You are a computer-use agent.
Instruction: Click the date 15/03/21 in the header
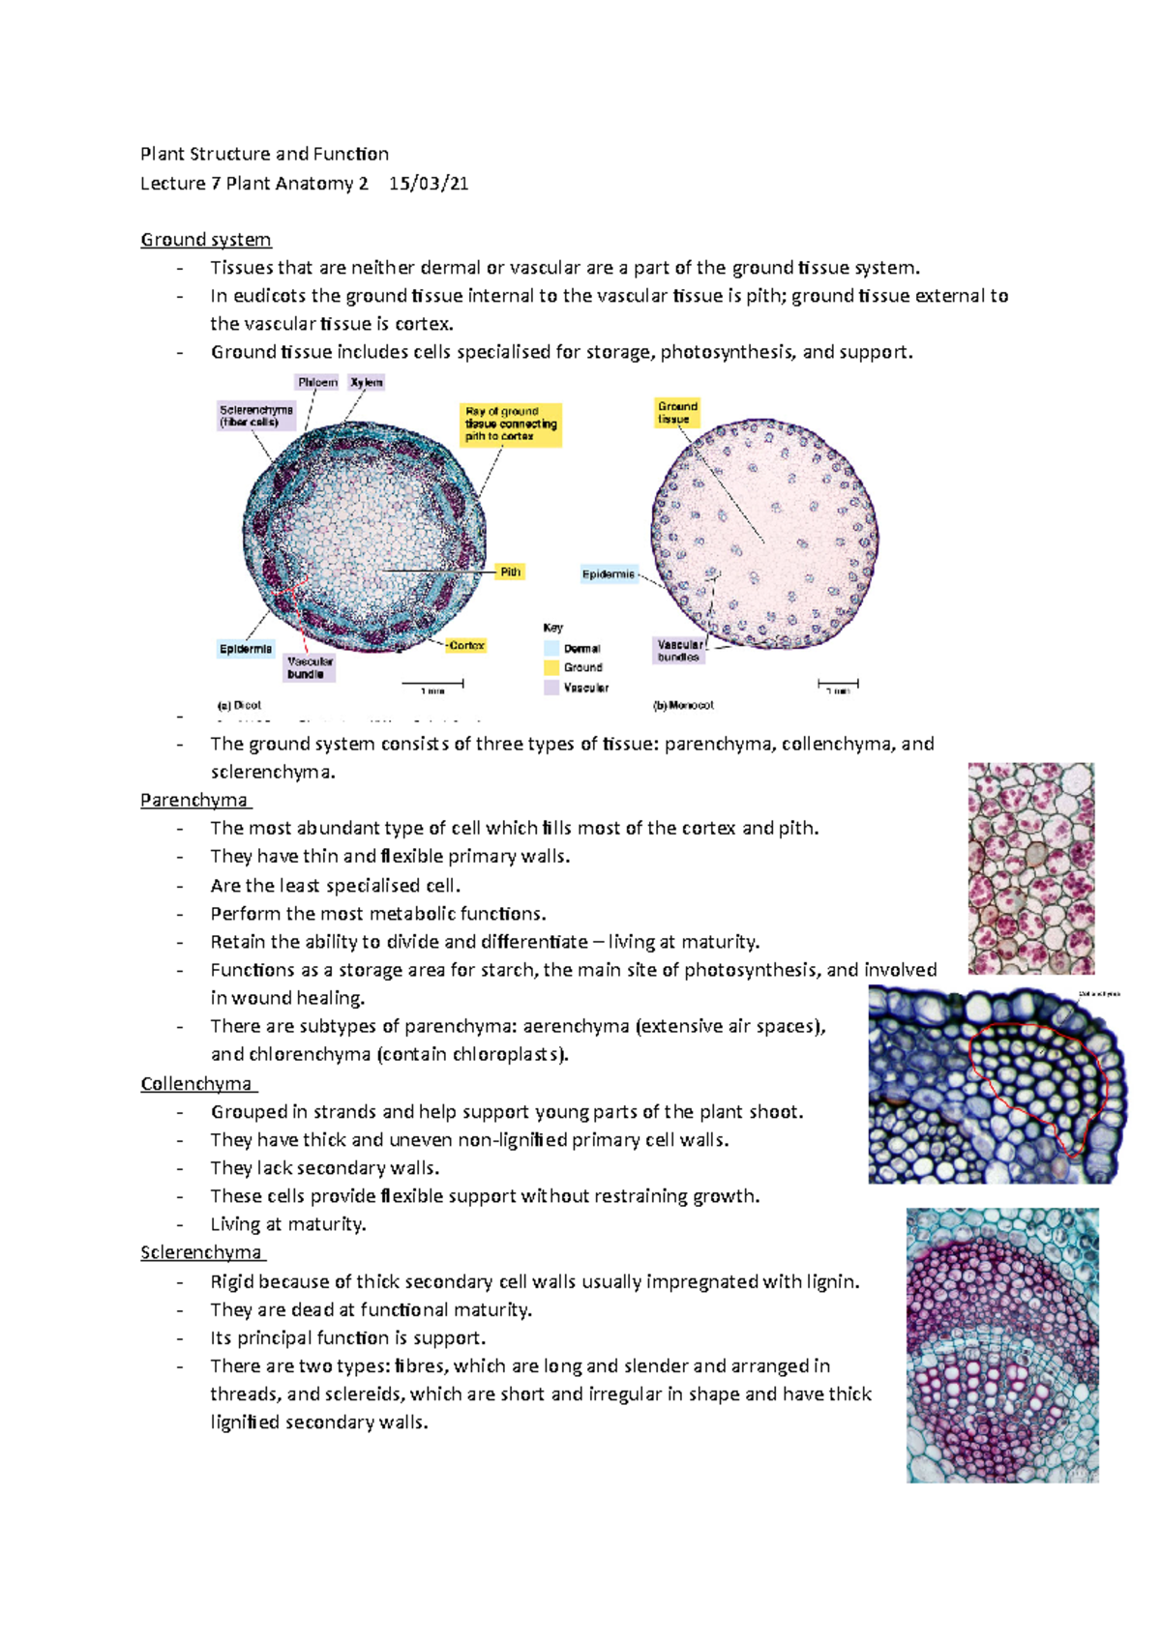pos(429,184)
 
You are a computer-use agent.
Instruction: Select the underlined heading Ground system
pos(205,240)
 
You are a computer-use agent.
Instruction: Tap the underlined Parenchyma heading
pos(193,801)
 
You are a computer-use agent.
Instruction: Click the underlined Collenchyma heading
pos(196,1084)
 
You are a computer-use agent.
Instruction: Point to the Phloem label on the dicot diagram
pos(317,383)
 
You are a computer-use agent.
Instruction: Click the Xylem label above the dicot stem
pos(367,383)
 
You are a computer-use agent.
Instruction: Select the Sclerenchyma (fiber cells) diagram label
pos(256,416)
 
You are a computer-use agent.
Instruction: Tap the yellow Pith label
pos(510,572)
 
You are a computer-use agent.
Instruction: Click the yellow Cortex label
pos(466,645)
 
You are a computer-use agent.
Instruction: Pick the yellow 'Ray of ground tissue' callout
pos(511,425)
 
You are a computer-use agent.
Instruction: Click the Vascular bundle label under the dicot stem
pos(310,667)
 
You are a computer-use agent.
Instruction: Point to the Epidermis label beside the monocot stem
pos(609,574)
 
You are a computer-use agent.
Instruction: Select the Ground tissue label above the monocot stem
pos(676,413)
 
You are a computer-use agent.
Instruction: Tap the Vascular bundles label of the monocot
pos(679,651)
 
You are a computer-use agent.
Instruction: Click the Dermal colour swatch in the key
pos(551,649)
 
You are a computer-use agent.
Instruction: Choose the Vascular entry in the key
pos(585,688)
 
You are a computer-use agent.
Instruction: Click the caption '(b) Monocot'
pos(684,706)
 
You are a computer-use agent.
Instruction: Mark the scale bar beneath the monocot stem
pos(838,684)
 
